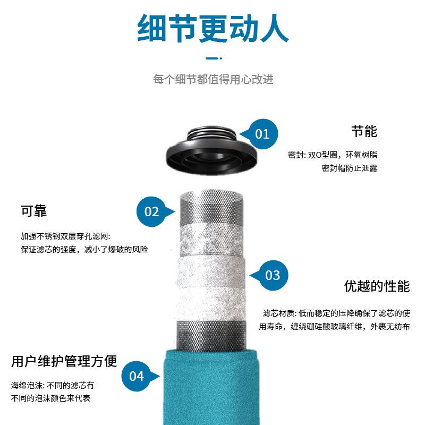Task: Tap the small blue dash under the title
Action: tap(212, 58)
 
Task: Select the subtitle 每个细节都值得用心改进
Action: tap(213, 80)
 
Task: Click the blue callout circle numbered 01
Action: tap(262, 133)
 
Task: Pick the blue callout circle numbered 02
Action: tap(152, 211)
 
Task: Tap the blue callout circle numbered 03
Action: tap(273, 275)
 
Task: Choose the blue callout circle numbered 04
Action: tap(137, 376)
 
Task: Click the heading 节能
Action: tap(364, 131)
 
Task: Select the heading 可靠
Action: tap(34, 211)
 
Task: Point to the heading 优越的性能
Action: tap(377, 287)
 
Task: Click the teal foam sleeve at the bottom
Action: tap(212, 388)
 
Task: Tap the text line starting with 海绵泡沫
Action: tap(53, 385)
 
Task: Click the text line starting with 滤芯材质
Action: tap(336, 313)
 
